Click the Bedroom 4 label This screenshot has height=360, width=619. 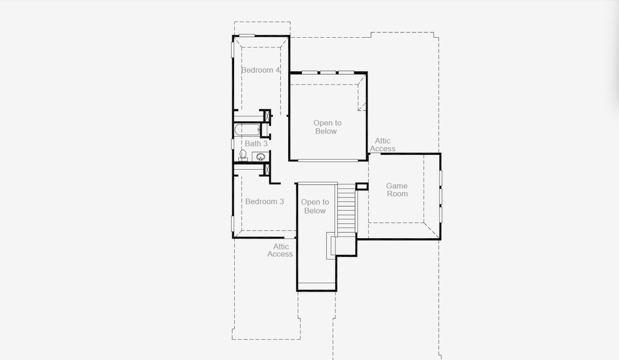261,70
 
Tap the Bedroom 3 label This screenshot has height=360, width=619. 265,202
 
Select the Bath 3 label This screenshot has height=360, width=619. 256,144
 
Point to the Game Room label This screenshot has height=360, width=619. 397,190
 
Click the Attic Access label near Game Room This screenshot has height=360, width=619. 382,145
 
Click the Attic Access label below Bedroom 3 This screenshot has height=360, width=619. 280,250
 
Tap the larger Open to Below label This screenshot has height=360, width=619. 327,127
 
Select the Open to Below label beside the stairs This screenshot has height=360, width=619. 315,206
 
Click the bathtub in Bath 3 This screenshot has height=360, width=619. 246,130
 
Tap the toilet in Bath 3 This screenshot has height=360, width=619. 243,155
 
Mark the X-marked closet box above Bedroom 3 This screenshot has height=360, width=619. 266,169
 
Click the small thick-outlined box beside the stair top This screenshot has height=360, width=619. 361,187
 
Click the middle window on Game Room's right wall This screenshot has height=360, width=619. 440,196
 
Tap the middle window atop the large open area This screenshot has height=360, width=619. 328,73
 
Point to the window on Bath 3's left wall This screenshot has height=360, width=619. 233,144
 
